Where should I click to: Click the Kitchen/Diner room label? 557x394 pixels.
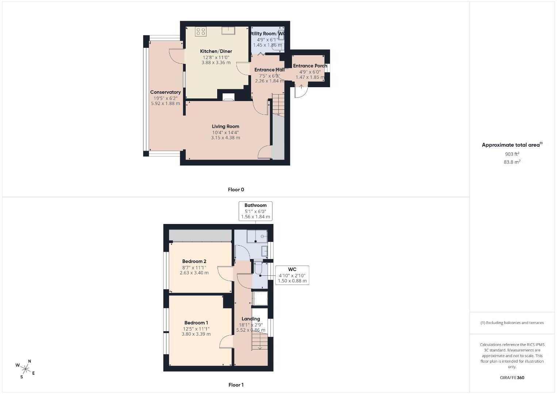coord(216,51)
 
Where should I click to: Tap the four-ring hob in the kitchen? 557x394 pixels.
coord(201,32)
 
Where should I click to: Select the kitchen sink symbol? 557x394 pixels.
coord(228,30)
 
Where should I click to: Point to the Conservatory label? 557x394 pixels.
coord(165,92)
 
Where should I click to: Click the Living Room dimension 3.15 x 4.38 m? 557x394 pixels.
coord(226,138)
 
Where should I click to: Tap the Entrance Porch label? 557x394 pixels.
coord(310,66)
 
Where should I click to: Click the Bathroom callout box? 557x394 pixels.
coord(256,211)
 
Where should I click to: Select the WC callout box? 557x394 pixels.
coord(292,275)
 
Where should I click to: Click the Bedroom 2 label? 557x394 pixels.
coord(194,261)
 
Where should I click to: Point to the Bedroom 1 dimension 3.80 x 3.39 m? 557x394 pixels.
coord(196,334)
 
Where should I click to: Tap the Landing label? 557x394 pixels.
coord(251,319)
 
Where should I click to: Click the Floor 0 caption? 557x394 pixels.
coord(236,190)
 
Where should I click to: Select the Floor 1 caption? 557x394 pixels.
coord(236,385)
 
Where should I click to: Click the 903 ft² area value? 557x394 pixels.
coord(512,154)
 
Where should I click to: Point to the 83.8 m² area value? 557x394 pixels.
coord(512,162)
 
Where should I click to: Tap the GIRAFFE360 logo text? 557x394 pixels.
coord(512,378)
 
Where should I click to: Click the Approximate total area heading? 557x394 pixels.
coord(512,145)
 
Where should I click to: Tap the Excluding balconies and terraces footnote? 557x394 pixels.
coord(512,322)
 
